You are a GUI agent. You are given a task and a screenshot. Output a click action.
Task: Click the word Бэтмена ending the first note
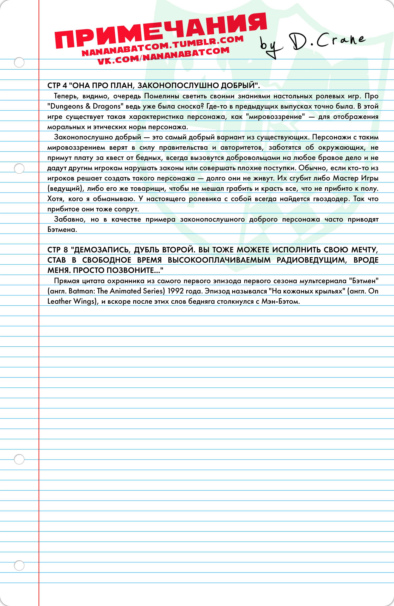click(x=62, y=230)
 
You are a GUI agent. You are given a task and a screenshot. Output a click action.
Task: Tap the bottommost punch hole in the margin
click(x=19, y=566)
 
